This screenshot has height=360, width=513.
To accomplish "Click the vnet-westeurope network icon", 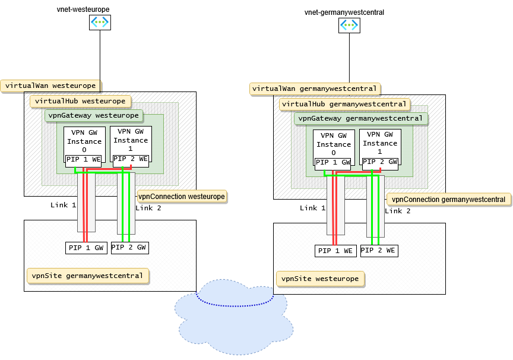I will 100,23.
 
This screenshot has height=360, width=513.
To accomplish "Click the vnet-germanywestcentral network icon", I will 349,25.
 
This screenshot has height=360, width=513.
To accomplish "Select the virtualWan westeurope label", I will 50,86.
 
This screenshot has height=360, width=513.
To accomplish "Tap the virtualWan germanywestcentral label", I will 315,89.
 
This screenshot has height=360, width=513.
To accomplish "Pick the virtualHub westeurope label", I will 80,101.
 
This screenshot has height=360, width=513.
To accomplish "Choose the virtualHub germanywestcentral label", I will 344,104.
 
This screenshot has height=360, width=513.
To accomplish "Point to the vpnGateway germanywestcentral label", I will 360,118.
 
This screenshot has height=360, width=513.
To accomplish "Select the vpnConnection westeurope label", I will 182,196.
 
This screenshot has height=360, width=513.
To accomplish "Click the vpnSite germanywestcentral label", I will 87,276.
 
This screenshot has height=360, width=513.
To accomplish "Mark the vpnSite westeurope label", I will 320,279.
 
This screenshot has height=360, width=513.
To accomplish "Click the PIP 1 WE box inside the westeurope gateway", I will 84,159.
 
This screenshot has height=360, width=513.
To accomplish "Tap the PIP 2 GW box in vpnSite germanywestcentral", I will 129,247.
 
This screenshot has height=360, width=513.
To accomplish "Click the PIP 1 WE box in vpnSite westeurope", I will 335,251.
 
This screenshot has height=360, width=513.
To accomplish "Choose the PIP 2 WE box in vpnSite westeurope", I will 379,250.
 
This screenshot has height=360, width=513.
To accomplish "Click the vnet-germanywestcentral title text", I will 344,12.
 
